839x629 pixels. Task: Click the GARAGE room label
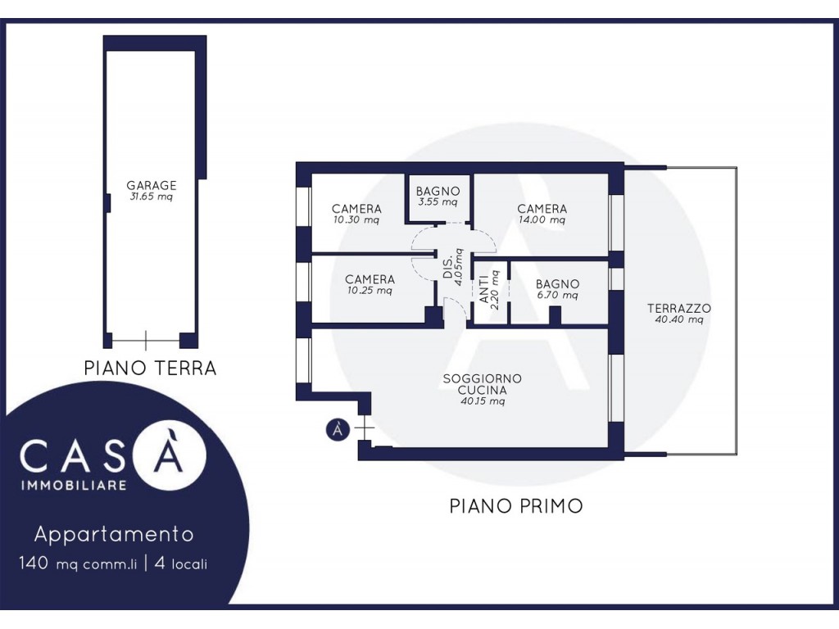152,186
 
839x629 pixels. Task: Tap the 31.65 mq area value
152,197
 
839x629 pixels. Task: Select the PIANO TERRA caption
151,368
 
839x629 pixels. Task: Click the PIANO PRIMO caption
516,505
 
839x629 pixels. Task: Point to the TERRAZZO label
679,309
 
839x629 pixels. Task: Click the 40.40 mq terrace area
679,320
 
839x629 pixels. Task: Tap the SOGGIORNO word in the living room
482,378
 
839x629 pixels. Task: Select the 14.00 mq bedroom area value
542,219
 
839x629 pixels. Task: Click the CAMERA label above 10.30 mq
356,209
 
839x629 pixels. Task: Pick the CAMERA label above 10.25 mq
370,279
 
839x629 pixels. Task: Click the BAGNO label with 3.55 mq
438,191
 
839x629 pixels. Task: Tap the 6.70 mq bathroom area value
557,295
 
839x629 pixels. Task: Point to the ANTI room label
483,289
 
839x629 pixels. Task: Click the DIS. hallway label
447,269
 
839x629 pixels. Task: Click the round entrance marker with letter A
338,429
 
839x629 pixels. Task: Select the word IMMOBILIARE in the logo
74,485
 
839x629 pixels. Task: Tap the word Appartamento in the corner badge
114,534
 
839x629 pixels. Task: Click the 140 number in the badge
34,563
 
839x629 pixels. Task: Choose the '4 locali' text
181,563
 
